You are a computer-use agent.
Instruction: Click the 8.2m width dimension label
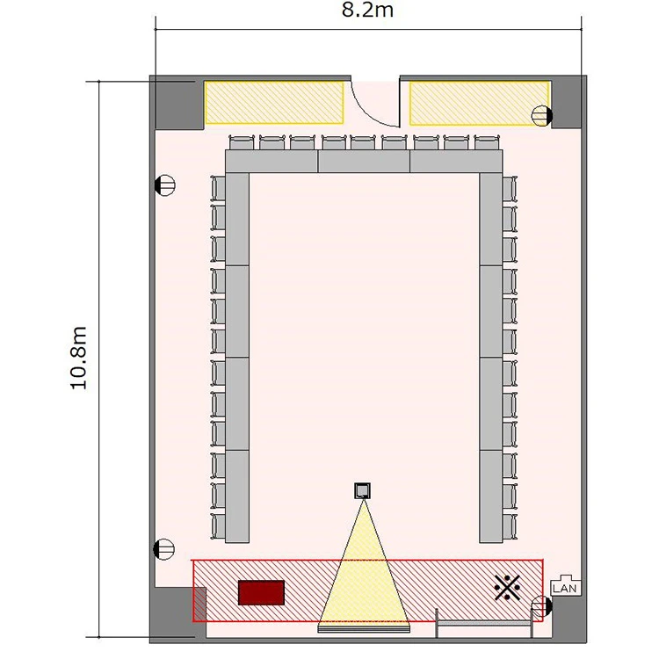(367, 10)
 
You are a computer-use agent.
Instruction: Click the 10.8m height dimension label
(78, 358)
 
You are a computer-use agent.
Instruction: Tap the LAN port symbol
(566, 585)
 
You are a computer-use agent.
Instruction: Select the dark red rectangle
(261, 592)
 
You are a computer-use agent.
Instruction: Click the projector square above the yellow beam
(362, 491)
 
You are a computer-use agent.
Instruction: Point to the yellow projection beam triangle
(364, 580)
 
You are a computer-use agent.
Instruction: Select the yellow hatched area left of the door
(274, 103)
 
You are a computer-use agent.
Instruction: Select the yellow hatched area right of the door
(480, 104)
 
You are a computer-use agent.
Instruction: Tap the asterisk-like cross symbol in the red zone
(507, 587)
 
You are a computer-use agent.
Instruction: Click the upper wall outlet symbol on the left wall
(165, 185)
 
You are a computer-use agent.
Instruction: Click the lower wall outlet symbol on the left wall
(164, 549)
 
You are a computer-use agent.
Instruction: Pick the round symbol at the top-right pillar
(542, 116)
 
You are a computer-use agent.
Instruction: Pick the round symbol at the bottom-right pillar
(542, 607)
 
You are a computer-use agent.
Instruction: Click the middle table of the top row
(364, 162)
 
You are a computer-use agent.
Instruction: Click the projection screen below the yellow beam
(364, 628)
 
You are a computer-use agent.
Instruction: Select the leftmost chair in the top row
(242, 142)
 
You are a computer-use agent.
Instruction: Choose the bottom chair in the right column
(510, 526)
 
